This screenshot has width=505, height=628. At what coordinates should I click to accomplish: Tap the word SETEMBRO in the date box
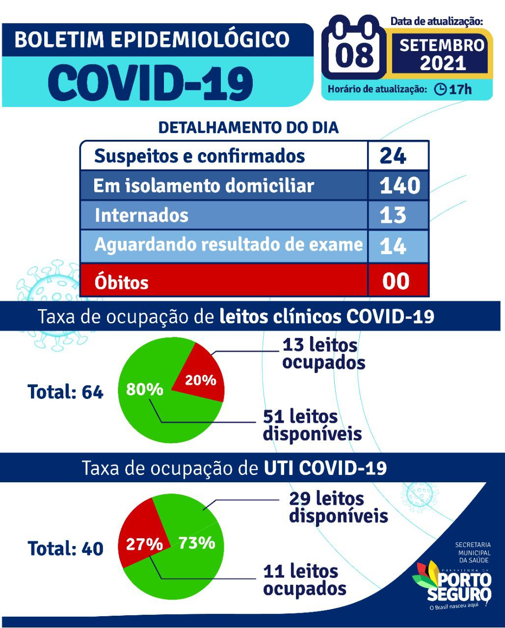442,46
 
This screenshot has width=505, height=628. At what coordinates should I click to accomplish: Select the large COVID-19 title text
152,81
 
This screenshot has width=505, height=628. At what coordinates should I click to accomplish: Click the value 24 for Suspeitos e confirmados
393,156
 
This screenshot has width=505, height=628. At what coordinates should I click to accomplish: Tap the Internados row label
141,215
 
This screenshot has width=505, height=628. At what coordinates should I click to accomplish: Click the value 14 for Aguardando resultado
393,245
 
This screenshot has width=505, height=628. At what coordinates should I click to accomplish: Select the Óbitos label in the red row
121,282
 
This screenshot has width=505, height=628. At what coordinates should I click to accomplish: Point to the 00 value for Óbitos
396,281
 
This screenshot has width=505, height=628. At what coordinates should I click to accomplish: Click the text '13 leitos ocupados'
323,354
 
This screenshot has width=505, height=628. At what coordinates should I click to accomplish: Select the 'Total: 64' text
65,392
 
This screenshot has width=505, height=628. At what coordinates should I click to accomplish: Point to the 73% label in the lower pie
196,543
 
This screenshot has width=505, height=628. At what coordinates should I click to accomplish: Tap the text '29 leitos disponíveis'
338,507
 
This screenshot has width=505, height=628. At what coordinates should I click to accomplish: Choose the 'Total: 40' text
65,548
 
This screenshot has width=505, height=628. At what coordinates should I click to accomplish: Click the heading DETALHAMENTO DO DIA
248,128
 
